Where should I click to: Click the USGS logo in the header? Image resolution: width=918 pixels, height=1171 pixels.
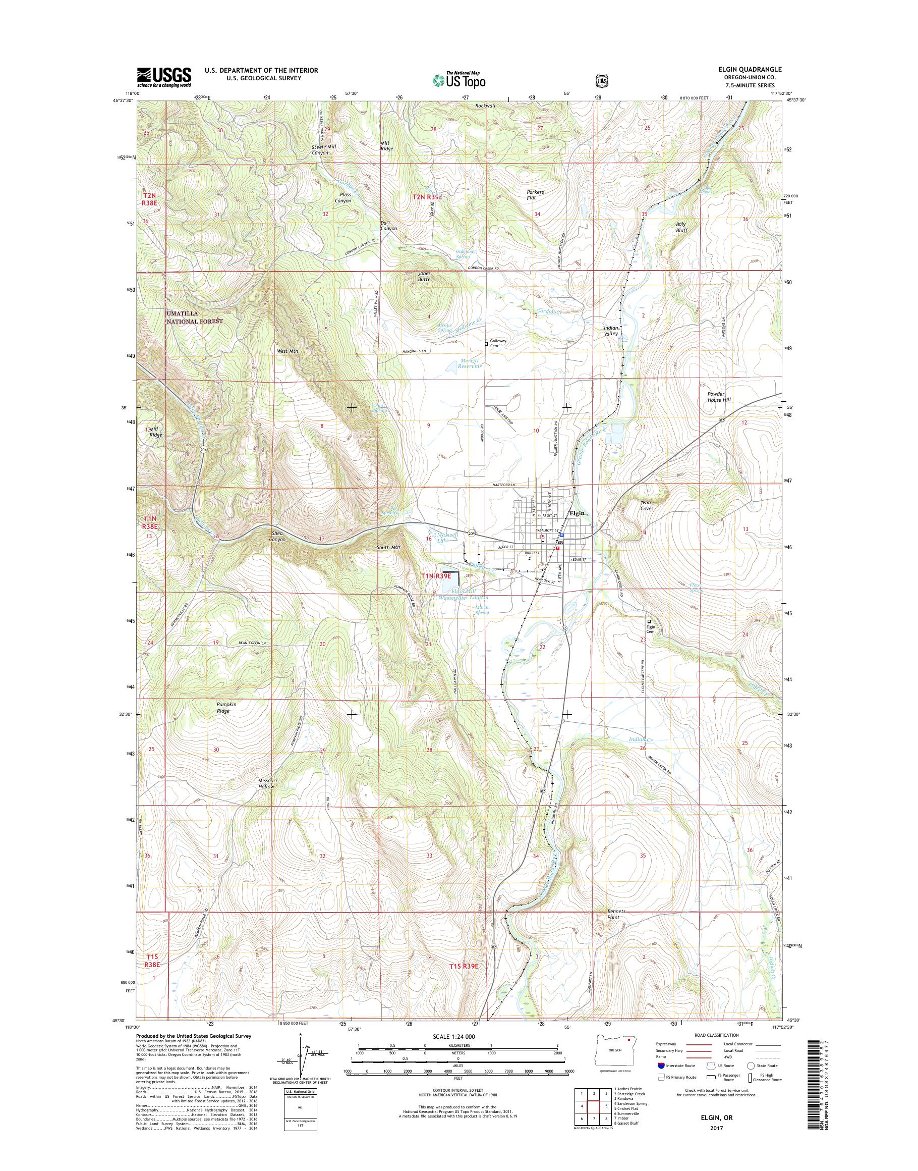pos(164,77)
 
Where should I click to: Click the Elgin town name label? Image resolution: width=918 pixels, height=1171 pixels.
pos(577,513)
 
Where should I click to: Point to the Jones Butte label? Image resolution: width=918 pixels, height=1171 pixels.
pos(424,277)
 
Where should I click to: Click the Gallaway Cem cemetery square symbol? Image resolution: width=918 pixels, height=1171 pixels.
pos(486,344)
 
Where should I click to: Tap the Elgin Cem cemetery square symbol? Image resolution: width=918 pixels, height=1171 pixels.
pos(649,620)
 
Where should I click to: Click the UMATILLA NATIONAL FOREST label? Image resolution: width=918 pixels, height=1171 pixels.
pos(194,317)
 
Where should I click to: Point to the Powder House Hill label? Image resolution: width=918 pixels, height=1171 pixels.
pos(719,397)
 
